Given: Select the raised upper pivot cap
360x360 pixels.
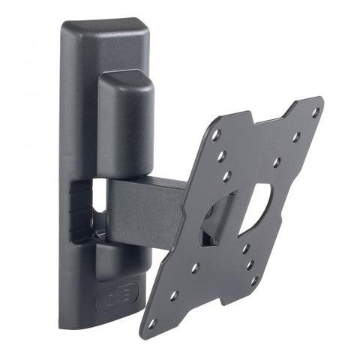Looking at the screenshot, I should pos(125,112).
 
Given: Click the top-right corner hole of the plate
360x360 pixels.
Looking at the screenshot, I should pos(316,112).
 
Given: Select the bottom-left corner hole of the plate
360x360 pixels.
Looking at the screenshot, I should pos(153,322).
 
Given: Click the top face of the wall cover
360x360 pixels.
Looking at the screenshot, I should pos(105,30).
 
